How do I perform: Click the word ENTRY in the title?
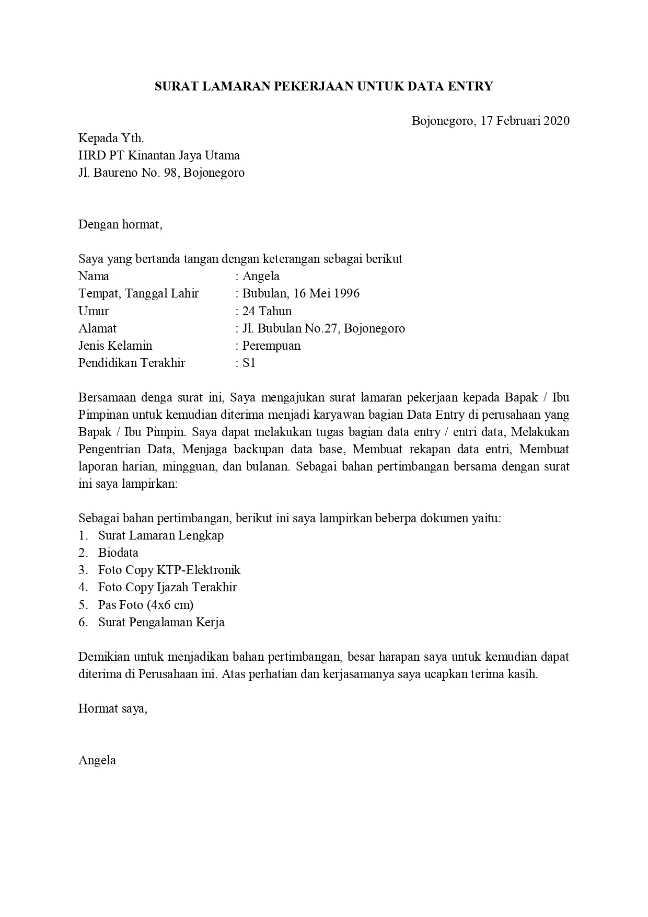tap(470, 86)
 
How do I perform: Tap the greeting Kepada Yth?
tap(111, 138)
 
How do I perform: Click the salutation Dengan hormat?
tap(121, 224)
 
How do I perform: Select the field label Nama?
tap(94, 276)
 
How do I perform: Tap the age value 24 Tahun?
tap(267, 311)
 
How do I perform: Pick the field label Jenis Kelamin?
tap(115, 346)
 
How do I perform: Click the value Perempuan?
tap(271, 346)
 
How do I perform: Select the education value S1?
tap(249, 363)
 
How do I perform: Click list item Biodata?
tap(118, 553)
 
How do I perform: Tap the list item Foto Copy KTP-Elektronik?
tap(169, 570)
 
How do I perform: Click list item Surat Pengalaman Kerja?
tap(161, 622)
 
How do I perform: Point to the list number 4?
tap(83, 588)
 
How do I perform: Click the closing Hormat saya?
tap(113, 708)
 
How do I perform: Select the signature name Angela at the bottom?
tap(97, 760)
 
